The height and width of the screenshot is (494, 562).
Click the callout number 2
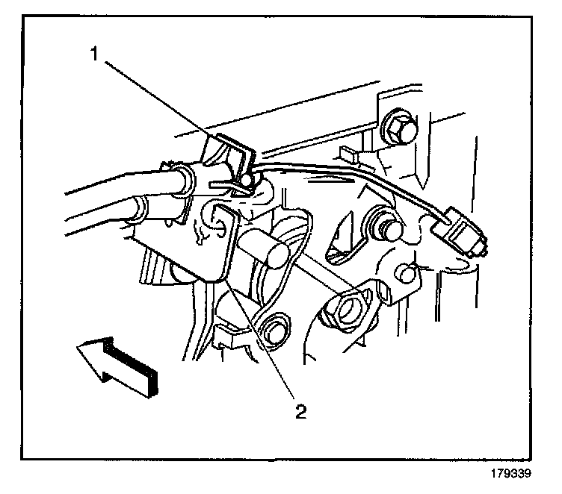[300, 410]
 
